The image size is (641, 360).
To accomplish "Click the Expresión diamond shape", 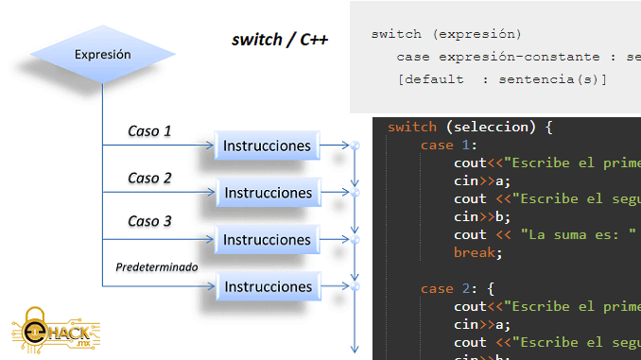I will [x=102, y=54].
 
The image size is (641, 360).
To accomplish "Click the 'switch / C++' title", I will [x=280, y=41].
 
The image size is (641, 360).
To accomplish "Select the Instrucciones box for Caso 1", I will [x=268, y=146].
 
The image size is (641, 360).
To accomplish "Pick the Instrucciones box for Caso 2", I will [x=268, y=193].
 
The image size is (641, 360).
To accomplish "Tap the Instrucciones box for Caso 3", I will [x=268, y=240].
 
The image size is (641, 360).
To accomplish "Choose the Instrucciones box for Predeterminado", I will [x=268, y=285].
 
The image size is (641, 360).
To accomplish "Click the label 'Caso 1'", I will [x=149, y=130].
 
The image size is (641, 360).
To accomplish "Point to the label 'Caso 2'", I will [x=149, y=178].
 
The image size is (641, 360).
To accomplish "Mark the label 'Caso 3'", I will [x=149, y=221].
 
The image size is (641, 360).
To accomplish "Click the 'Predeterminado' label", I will [x=157, y=267].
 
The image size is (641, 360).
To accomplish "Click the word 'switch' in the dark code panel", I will [x=411, y=127].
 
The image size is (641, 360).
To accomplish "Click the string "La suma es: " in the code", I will [x=587, y=234].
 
